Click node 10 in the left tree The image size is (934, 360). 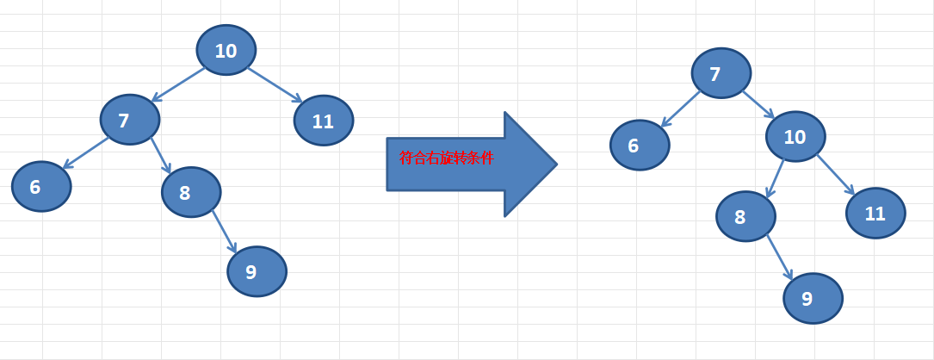coord(226,50)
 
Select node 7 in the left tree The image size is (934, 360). coord(130,119)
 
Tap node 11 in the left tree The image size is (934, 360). coord(324,121)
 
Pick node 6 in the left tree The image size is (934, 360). coord(41,186)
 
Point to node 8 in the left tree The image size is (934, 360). coord(191,192)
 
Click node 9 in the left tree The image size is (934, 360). coord(257,271)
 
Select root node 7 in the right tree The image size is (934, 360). coord(721,72)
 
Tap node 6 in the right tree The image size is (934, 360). coord(640,145)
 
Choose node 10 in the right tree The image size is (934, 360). coord(795,136)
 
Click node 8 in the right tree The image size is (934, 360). coord(745,216)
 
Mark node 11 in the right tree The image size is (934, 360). coord(875,213)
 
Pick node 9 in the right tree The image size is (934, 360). coord(813,298)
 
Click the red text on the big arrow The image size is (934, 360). coord(446,158)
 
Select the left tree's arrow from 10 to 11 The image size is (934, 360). coord(275,85)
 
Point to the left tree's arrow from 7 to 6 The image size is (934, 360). coord(85,153)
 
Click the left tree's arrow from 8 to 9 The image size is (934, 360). coord(225,232)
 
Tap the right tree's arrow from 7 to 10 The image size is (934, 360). coord(758,105)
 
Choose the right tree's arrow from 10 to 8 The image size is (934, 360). coord(775,178)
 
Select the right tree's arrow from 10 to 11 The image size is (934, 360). coord(836,175)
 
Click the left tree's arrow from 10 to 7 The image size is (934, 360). coord(177,84)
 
